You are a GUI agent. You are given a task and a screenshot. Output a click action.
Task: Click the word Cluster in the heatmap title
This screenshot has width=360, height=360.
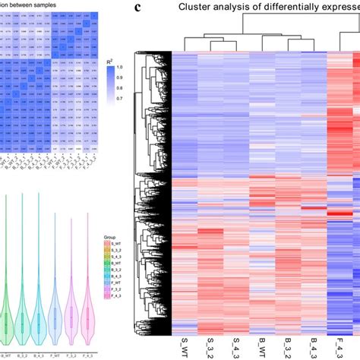coord(199,8)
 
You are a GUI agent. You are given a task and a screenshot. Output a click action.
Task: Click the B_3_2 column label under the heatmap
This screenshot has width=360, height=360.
coord(288,346)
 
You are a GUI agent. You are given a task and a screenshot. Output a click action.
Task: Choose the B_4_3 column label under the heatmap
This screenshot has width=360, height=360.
coord(314,346)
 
